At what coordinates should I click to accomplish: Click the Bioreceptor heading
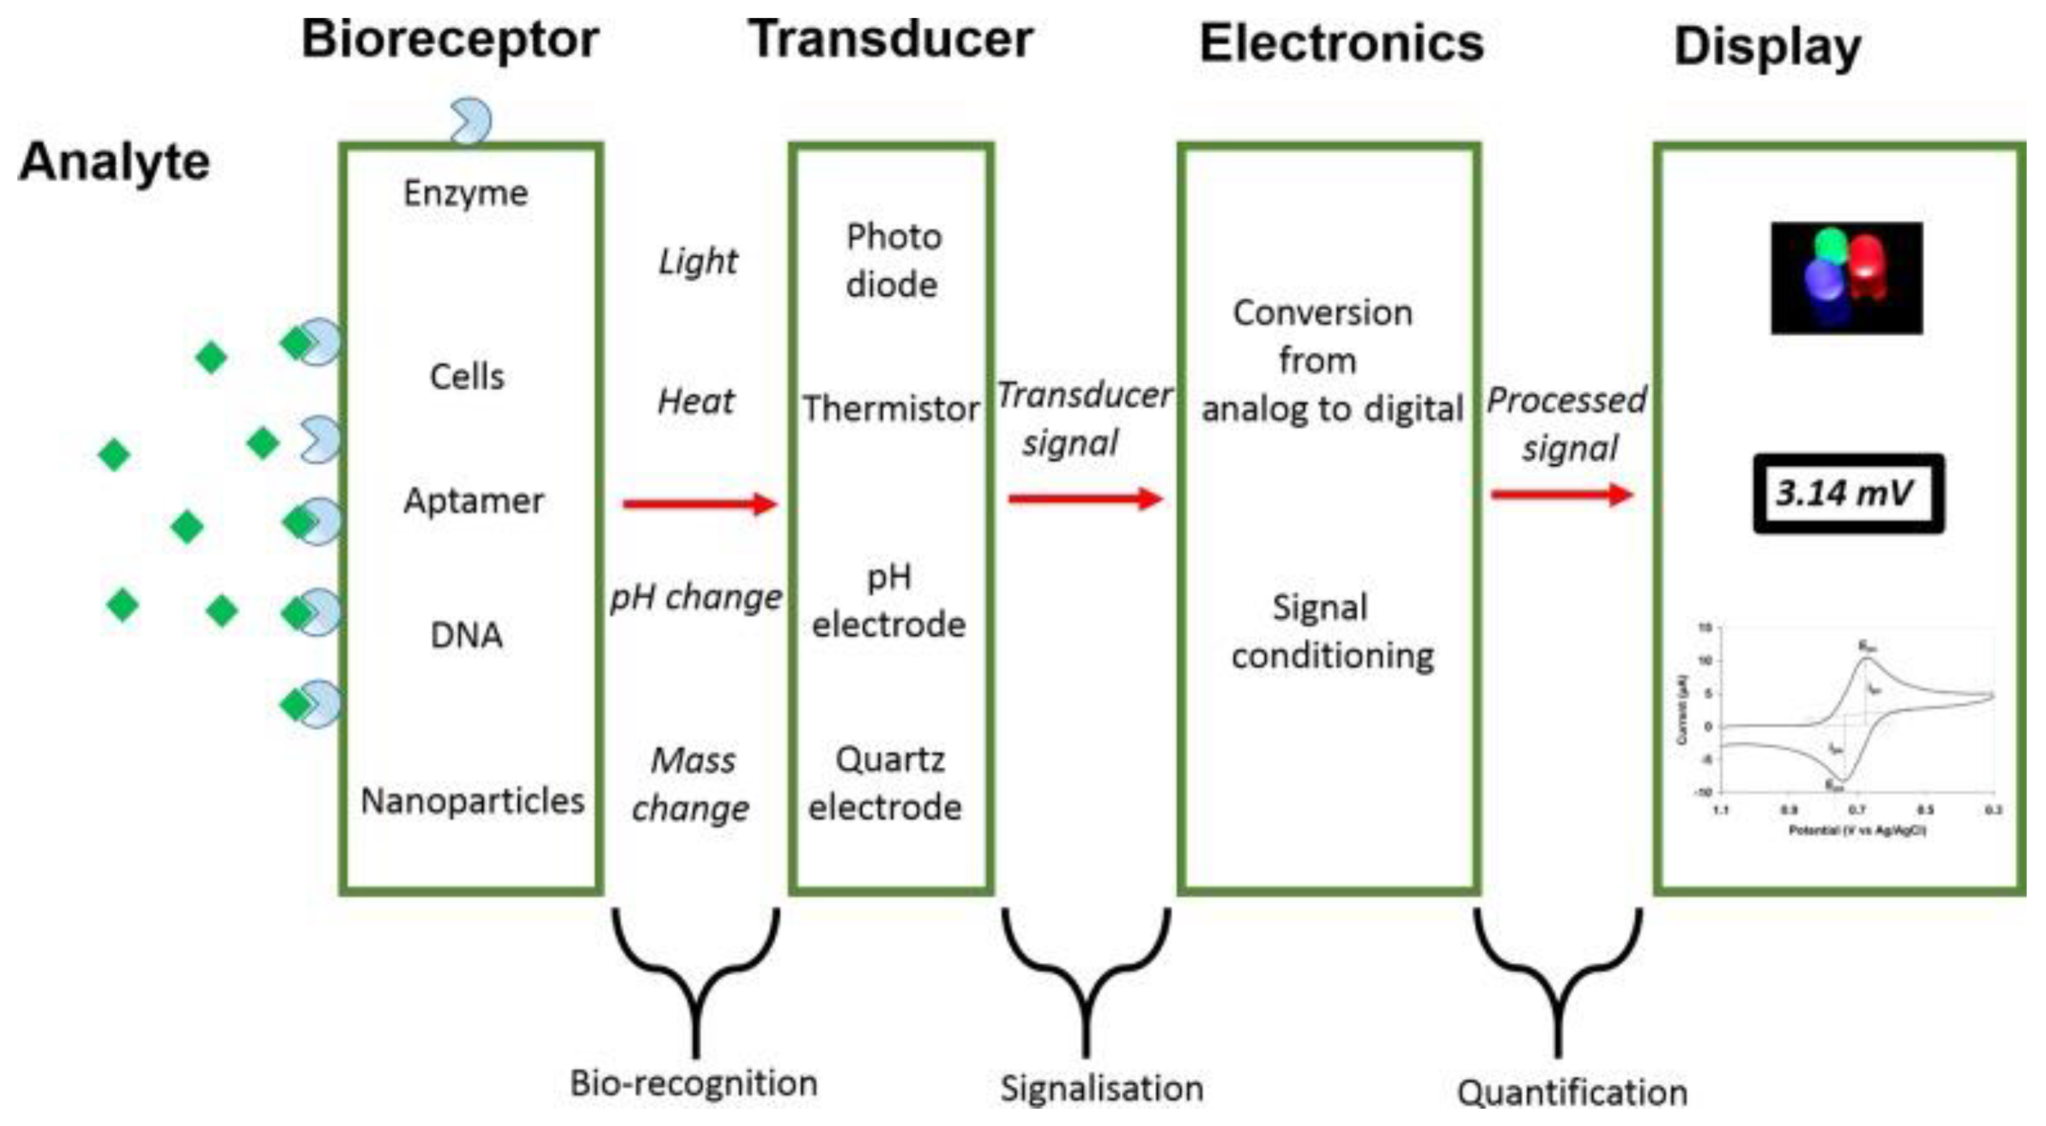[x=450, y=40]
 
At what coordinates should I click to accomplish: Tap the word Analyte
[x=113, y=162]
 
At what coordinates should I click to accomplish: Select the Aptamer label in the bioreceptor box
[x=473, y=501]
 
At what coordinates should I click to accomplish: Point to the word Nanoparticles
[x=472, y=801]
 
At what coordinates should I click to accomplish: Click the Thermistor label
[x=891, y=409]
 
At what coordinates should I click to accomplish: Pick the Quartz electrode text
[x=886, y=784]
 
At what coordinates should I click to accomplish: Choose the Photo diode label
[x=893, y=260]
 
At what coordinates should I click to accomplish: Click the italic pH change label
[x=695, y=597]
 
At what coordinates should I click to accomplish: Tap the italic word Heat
[x=695, y=402]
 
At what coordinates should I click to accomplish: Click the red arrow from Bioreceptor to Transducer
[x=699, y=504]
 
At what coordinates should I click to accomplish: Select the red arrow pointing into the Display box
[x=1562, y=496]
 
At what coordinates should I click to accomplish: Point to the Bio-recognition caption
[x=693, y=1084]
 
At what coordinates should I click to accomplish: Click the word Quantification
[x=1572, y=1093]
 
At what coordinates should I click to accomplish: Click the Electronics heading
[x=1341, y=43]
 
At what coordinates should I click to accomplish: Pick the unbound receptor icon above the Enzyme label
[x=471, y=121]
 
